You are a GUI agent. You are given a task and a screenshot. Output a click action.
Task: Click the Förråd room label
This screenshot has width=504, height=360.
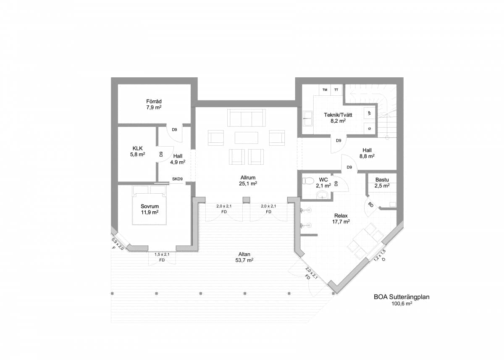coord(154,105)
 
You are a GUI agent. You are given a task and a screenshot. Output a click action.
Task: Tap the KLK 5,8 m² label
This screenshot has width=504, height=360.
coord(137,151)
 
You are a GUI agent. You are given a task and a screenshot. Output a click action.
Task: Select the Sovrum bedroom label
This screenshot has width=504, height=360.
coord(150,209)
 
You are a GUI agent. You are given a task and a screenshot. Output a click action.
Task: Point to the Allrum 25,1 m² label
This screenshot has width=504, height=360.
coord(248,181)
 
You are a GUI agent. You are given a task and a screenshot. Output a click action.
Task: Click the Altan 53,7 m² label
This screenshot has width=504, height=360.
coord(244,257)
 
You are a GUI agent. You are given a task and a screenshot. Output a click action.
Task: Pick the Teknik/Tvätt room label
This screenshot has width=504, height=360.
coord(338,118)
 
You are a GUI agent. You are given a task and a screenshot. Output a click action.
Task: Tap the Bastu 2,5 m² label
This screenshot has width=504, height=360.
coord(382,183)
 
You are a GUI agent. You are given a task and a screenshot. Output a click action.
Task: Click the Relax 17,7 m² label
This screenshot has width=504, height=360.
coord(341,218)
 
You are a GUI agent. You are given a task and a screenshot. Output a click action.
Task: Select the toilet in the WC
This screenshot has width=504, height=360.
coord(308,181)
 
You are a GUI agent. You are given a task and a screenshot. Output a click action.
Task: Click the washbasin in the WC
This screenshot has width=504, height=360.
coord(323,195)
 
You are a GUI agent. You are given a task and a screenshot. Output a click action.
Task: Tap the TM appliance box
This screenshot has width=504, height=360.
coord(325,90)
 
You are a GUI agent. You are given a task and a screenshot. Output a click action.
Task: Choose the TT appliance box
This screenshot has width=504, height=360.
coord(336,90)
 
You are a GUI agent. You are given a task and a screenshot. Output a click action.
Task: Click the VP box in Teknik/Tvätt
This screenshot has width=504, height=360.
coord(370,113)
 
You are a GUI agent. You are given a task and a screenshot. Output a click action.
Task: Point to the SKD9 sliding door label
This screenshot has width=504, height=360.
coord(177,179)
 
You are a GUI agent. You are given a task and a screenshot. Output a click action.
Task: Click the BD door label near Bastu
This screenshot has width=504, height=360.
coord(371,205)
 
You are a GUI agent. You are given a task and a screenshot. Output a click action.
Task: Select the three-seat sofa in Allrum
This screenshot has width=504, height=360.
coord(247,118)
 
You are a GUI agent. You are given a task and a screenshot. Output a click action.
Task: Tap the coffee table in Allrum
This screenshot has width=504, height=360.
coord(247,138)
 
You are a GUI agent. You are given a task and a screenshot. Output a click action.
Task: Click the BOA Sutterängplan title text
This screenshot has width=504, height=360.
coord(402,297)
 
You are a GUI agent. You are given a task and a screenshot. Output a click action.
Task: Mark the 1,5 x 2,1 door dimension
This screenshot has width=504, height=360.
coord(162,255)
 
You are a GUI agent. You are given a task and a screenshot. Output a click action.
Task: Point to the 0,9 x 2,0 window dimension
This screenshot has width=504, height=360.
coord(118,244)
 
